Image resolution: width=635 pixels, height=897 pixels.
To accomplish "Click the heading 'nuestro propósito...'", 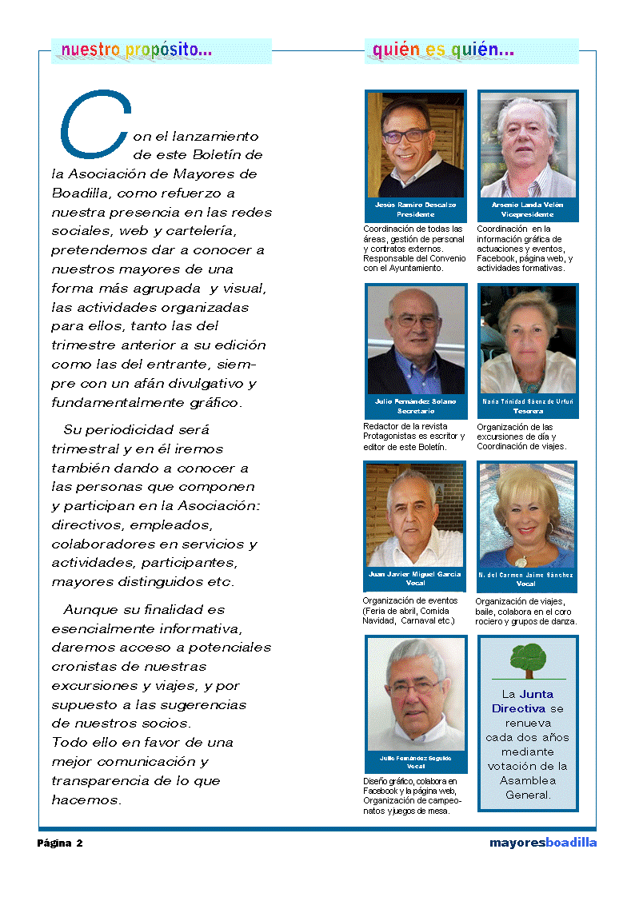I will [x=137, y=50].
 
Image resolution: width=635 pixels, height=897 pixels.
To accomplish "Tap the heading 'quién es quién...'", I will [x=443, y=50].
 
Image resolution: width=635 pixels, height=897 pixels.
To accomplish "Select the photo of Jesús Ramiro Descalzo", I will [x=415, y=145].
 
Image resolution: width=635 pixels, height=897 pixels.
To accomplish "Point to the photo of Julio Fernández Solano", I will [x=415, y=339].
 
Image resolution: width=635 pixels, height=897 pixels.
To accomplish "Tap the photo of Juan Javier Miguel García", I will [x=414, y=516].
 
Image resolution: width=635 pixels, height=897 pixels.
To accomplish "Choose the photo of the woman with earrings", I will [x=527, y=516].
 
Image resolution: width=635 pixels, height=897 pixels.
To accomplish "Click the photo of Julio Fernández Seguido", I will [x=416, y=693].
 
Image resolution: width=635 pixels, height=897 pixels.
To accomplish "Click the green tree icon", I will [x=528, y=660].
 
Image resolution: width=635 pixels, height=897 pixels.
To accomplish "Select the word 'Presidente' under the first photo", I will [x=415, y=215].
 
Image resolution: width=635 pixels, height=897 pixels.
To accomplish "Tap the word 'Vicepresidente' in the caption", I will [x=527, y=215].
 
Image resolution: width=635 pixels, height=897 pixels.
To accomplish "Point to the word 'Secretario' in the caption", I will [x=415, y=411].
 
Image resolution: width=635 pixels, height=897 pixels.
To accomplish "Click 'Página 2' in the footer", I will [x=60, y=843].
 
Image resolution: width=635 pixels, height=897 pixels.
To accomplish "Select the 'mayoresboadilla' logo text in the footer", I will [x=543, y=843].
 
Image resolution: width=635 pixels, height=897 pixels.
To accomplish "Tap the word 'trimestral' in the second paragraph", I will [x=86, y=449].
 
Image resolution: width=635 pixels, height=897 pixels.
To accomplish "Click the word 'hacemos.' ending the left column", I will [x=86, y=800].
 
